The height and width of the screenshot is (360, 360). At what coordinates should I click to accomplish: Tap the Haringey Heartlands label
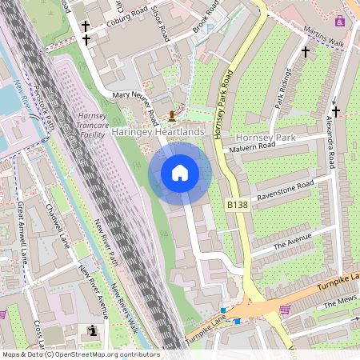tap(158, 131)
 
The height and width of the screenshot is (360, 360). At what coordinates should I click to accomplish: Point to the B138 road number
tap(238, 206)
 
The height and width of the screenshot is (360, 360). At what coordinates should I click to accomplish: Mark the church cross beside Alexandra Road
tap(336, 111)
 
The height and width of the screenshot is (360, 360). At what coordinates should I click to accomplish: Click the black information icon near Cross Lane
tap(92, 330)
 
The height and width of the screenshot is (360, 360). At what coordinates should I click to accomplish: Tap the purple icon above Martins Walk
tap(341, 20)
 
